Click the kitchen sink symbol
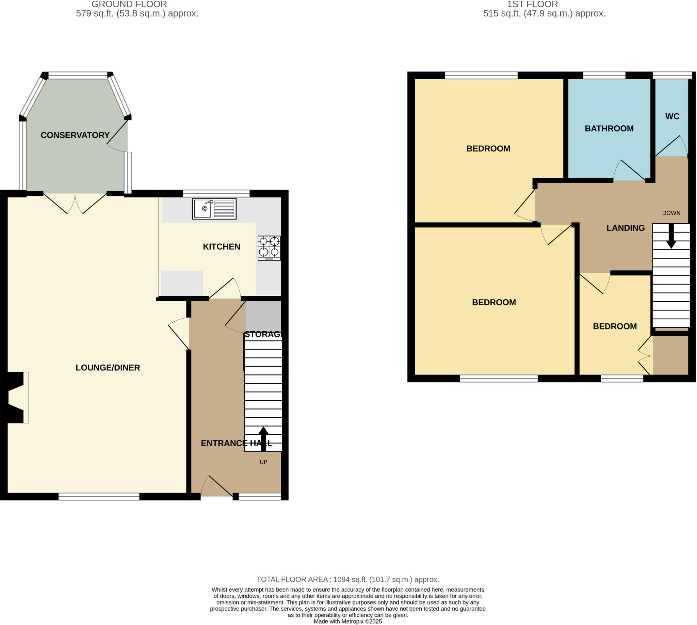[x=214, y=208]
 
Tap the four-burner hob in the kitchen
[x=269, y=248]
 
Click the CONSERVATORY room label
[x=75, y=135]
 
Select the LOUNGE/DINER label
[x=108, y=368]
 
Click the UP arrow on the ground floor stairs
[x=263, y=439]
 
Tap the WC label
[x=672, y=116]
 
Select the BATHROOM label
[x=609, y=128]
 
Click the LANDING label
[x=625, y=228]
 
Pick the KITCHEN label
[x=222, y=246]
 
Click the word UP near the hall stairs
[x=263, y=462]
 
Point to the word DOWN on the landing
[x=671, y=213]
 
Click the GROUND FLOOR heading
[x=129, y=4]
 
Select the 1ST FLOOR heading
[x=533, y=4]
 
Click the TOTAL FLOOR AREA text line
[x=348, y=580]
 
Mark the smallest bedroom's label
[x=615, y=326]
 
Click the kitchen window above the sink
[x=216, y=193]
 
